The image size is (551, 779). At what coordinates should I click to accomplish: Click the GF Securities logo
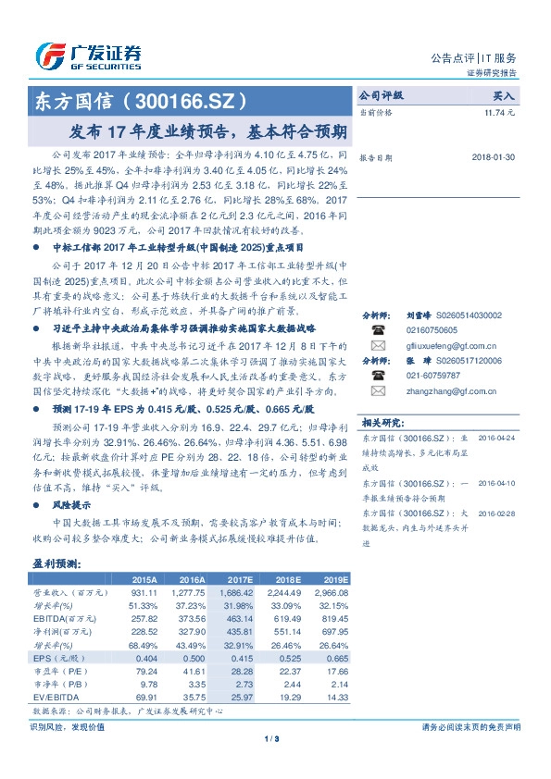[88, 56]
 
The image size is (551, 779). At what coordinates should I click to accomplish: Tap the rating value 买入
[504, 95]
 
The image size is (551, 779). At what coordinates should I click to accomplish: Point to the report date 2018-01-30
[504, 157]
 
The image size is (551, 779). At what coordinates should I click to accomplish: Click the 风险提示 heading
[72, 505]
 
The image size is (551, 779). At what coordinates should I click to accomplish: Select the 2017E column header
[238, 579]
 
